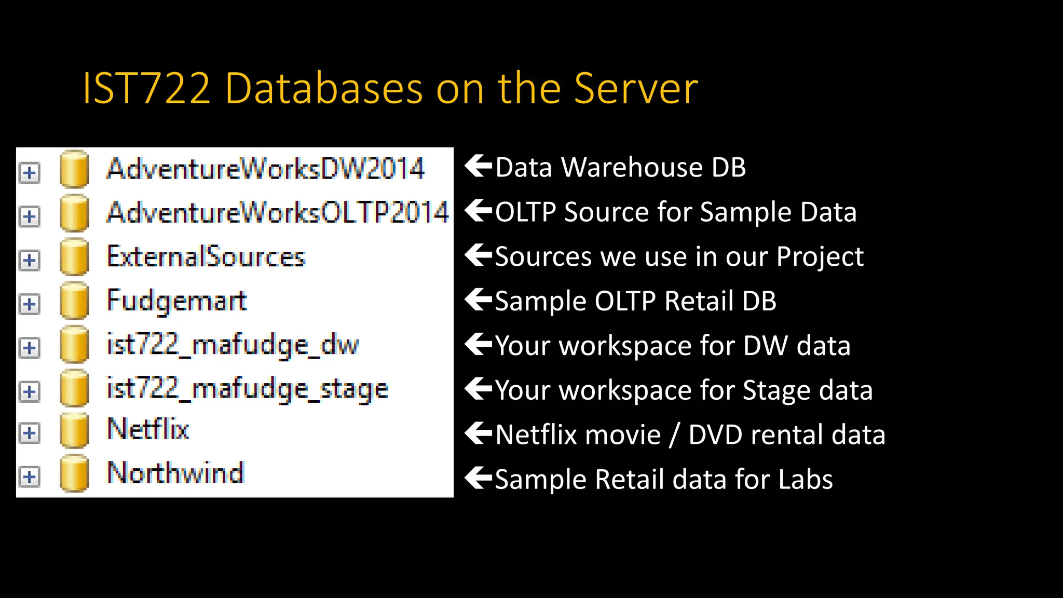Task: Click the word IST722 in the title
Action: click(147, 89)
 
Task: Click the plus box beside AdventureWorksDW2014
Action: click(30, 172)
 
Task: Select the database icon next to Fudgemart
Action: click(74, 301)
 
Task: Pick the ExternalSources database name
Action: click(206, 256)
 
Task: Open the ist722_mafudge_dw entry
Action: click(233, 345)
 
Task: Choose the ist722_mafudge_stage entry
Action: click(247, 389)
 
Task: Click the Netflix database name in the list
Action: click(148, 429)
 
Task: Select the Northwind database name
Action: click(175, 473)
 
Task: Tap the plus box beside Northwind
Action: click(30, 477)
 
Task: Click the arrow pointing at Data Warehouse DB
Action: click(478, 166)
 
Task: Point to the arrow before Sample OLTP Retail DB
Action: click(478, 300)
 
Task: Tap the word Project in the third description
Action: click(820, 257)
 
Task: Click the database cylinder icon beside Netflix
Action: click(74, 430)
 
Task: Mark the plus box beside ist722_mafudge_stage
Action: click(30, 391)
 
